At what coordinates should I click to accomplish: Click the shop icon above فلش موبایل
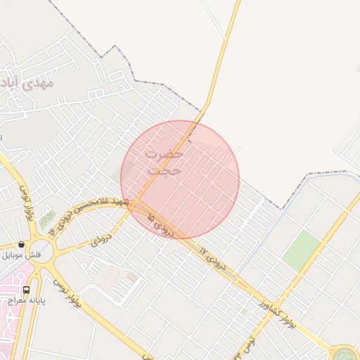point(22,245)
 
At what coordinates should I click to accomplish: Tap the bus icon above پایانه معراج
point(27,289)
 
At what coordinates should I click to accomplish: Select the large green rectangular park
point(302,250)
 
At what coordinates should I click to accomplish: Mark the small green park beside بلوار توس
point(47,221)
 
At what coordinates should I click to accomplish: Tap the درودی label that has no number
point(101,240)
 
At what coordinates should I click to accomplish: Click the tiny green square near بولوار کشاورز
point(244,310)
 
